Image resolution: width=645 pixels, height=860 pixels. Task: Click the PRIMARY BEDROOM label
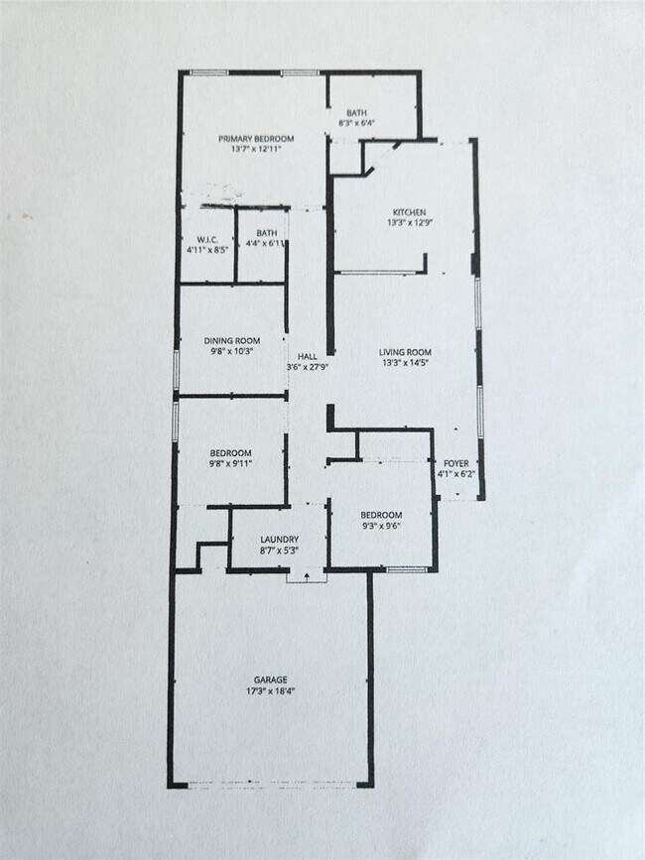tap(256, 138)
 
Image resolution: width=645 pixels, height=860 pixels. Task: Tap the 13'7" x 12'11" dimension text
tap(256, 149)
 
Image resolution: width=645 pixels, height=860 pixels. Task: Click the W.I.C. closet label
tap(207, 239)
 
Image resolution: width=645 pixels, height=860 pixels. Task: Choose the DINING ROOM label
tap(232, 340)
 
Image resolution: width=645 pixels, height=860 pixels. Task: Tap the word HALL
tap(307, 356)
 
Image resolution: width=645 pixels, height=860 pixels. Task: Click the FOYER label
tap(456, 463)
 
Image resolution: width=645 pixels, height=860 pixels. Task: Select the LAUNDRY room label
tap(279, 540)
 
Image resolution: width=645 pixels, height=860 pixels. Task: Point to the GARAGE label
tap(270, 679)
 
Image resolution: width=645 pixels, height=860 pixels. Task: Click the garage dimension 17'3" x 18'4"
tap(270, 690)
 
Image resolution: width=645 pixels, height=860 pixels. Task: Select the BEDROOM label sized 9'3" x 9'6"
tap(381, 515)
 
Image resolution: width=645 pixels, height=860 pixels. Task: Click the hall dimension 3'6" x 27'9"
tap(307, 367)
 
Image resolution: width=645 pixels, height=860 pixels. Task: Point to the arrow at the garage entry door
tap(307, 574)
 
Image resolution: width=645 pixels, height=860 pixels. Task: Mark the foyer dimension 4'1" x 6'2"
tap(456, 474)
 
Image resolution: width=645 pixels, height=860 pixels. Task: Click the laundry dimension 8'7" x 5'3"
tap(279, 551)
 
